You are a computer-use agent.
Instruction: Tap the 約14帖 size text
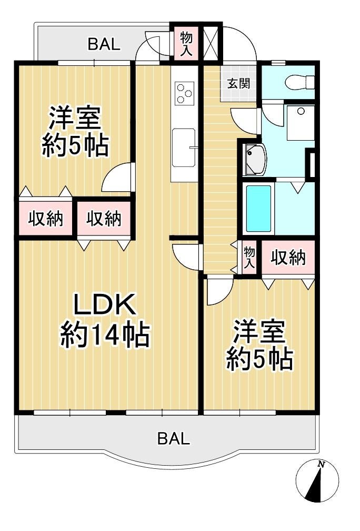(105, 335)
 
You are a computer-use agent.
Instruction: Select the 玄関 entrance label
(238, 83)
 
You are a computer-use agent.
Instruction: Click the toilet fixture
(299, 83)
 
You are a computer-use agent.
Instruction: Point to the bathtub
(258, 208)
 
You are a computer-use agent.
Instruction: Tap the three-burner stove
(185, 93)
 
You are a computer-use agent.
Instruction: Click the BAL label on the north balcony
(104, 44)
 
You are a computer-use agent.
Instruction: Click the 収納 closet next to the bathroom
(288, 258)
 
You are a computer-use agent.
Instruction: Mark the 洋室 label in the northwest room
(75, 118)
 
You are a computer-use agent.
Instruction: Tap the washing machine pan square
(301, 122)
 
